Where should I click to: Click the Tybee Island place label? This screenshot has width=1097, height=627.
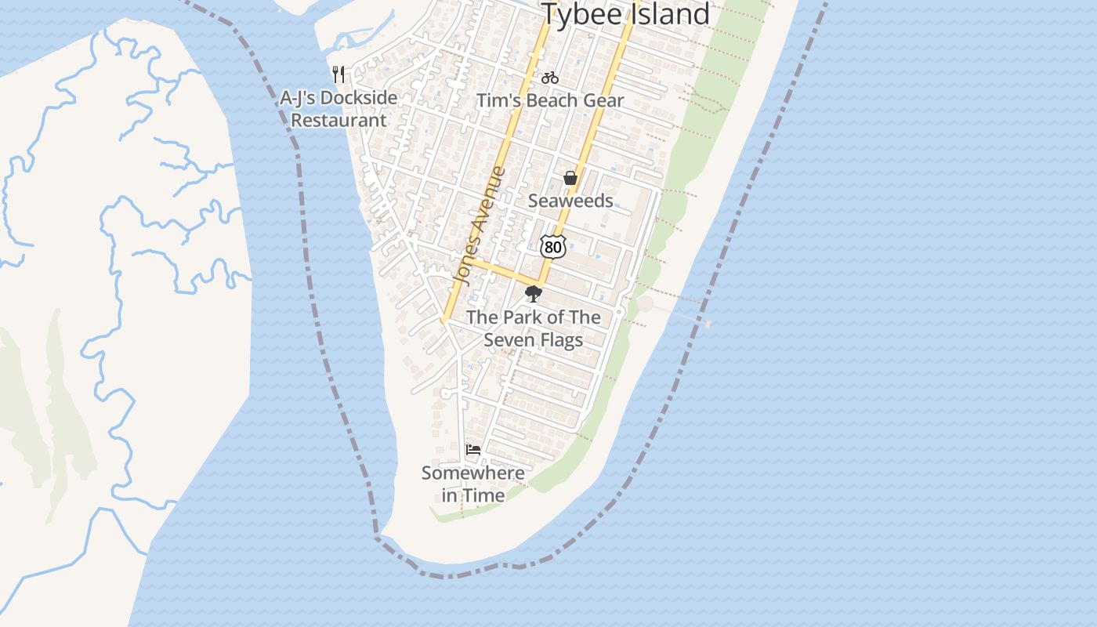pyautogui.click(x=625, y=14)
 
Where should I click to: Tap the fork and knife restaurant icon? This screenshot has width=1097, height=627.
pyautogui.click(x=339, y=74)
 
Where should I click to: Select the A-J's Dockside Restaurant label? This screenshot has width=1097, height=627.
pyautogui.click(x=339, y=109)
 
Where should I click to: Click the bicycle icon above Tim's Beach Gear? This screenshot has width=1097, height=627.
pyautogui.click(x=550, y=78)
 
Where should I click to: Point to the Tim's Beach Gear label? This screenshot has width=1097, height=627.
pyautogui.click(x=550, y=100)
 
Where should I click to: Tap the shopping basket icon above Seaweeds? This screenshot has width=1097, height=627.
pyautogui.click(x=570, y=179)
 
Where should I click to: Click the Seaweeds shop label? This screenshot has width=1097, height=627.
pyautogui.click(x=570, y=201)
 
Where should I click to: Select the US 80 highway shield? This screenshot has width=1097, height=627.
pyautogui.click(x=553, y=247)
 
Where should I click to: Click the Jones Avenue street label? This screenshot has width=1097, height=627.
pyautogui.click(x=480, y=227)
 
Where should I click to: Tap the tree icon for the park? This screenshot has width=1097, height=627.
pyautogui.click(x=534, y=294)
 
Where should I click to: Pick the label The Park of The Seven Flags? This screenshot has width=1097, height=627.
pyautogui.click(x=534, y=328)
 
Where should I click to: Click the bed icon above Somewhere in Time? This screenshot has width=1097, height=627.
pyautogui.click(x=473, y=450)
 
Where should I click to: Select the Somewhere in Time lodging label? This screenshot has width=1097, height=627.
pyautogui.click(x=473, y=484)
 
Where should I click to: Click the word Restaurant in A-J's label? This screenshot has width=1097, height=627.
pyautogui.click(x=339, y=121)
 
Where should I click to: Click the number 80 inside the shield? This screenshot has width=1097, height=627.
pyautogui.click(x=553, y=248)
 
